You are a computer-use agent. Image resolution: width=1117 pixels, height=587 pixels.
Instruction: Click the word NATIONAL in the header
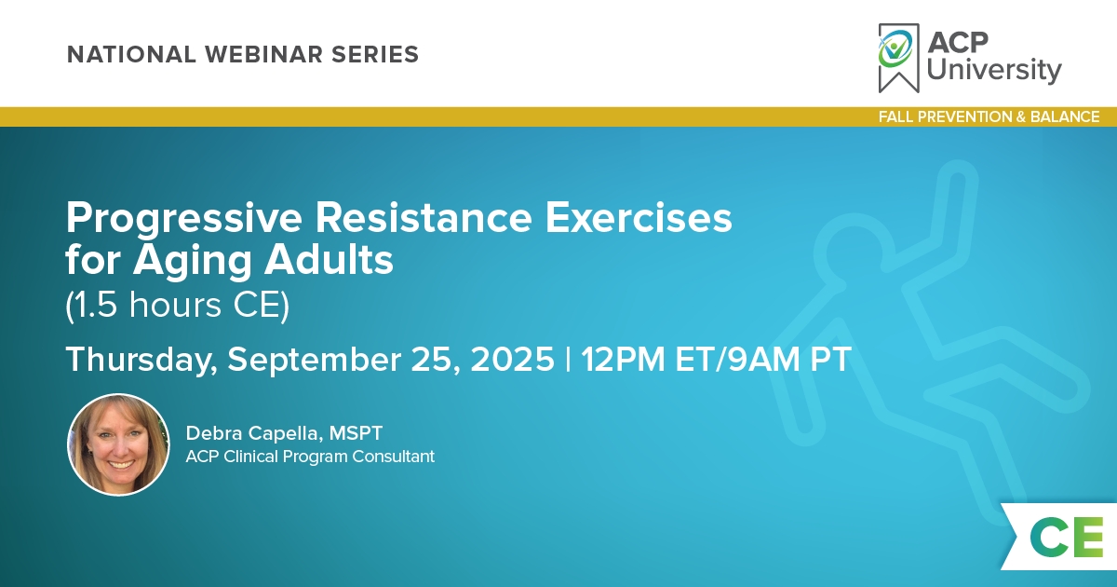pos(131,54)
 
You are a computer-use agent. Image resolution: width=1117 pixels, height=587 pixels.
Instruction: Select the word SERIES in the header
pos(375,54)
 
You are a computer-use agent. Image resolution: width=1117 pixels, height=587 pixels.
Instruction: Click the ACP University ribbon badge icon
pos(898,58)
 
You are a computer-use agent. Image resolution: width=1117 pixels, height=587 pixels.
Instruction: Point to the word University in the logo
pos(994,70)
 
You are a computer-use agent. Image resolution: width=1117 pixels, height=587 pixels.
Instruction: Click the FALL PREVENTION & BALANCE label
pos(989,116)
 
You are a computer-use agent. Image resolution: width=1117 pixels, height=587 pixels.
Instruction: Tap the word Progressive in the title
pos(184,219)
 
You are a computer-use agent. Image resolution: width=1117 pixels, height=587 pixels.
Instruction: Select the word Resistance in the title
pos(424,218)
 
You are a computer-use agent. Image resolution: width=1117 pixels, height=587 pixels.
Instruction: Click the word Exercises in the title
pos(639,218)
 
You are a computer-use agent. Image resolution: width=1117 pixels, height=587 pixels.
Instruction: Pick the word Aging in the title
pos(193,261)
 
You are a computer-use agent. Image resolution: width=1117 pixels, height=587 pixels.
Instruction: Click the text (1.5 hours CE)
pos(178,305)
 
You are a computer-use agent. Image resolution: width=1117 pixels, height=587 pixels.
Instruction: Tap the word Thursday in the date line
pos(142,360)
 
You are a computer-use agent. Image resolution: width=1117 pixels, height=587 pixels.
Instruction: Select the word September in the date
pos(315,360)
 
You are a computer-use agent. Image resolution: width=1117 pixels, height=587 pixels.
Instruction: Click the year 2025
pos(512,360)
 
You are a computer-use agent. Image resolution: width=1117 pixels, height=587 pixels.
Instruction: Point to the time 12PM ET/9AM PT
pos(716,360)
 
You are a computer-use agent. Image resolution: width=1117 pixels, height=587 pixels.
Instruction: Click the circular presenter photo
pos(119,444)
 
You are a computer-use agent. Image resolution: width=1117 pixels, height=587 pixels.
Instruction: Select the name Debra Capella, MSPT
pos(284,433)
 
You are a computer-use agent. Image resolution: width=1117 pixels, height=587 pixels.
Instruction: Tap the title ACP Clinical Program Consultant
pos(310,457)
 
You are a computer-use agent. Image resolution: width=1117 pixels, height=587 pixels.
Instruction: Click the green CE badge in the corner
pos(1066,537)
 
